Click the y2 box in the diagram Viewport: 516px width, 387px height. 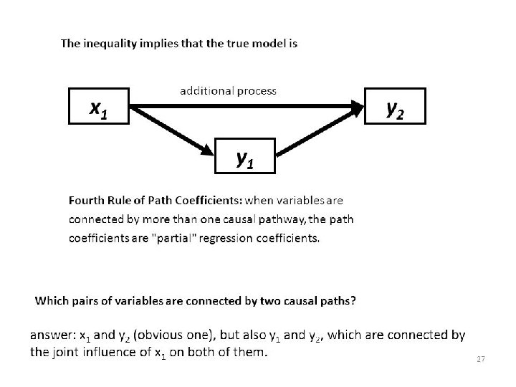point(396,107)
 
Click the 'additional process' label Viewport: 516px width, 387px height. point(227,91)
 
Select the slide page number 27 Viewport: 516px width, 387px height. point(481,358)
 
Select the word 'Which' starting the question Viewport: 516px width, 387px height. point(51,300)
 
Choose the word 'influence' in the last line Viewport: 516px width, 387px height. point(108,352)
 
